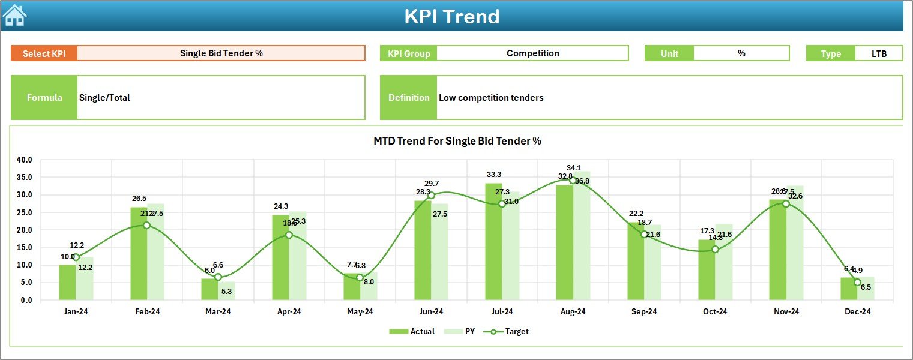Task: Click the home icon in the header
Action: pos(14,16)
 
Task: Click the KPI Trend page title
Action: pos(451,16)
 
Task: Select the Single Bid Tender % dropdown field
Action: pos(221,53)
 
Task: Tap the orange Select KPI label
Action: pos(44,53)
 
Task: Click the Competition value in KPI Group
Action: pos(532,53)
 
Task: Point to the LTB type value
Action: pos(879,53)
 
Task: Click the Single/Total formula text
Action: pos(104,98)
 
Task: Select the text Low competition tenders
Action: pos(491,98)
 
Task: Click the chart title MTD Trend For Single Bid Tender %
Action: pos(457,141)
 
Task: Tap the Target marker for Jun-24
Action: pos(431,196)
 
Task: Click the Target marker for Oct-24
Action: pos(715,250)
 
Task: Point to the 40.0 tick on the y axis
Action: pos(25,160)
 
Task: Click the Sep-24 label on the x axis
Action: pos(644,312)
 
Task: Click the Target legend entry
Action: pos(509,331)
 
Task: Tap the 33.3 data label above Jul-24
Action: pos(493,175)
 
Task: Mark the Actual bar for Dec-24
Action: pos(848,289)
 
